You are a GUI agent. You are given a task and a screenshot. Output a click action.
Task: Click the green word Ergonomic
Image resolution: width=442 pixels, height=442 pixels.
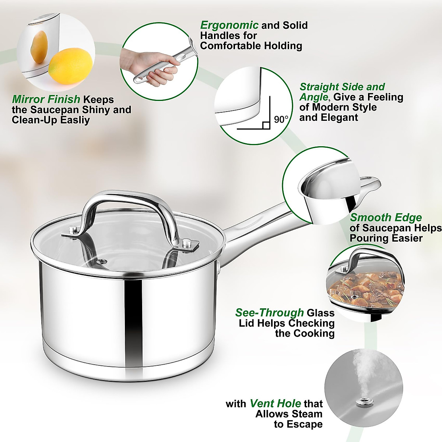(229, 25)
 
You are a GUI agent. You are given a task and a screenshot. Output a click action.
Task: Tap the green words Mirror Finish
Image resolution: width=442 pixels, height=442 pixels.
(46, 99)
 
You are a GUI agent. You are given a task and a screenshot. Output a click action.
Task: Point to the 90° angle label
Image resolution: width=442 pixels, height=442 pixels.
(281, 119)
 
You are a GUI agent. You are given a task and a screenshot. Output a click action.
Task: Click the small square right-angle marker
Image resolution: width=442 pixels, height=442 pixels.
(266, 126)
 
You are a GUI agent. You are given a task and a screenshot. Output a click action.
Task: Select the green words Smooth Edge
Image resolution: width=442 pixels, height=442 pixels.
(386, 218)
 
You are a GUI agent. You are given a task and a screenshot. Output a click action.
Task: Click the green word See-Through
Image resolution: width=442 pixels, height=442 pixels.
(270, 313)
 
